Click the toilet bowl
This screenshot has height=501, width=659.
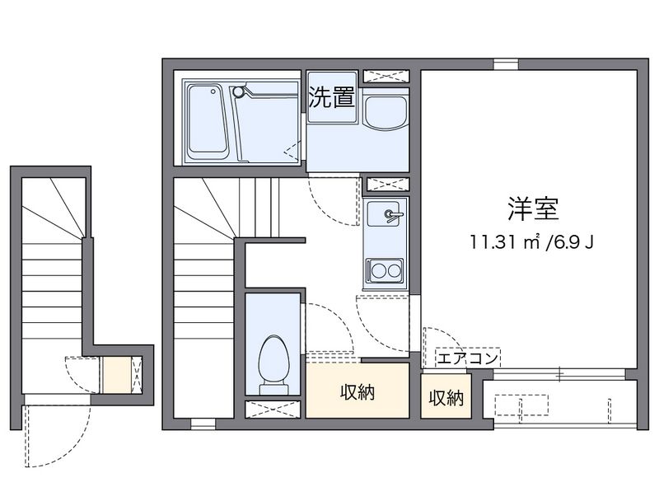tap(273, 358)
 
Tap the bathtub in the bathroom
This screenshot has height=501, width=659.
tap(208, 119)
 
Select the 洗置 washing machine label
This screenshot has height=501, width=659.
tap(332, 97)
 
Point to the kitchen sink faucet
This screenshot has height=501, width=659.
tap(393, 215)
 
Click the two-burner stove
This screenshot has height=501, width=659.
tap(385, 270)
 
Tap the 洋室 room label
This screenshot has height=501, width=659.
tap(533, 209)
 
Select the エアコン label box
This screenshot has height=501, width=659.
tap(468, 358)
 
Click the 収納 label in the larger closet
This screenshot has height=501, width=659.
tap(358, 391)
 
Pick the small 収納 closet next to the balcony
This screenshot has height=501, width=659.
tap(446, 396)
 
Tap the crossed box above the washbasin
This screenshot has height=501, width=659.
tap(386, 77)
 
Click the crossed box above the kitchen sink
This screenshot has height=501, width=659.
tap(387, 184)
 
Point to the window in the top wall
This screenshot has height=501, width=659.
tap(506, 64)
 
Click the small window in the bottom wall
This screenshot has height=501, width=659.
tap(203, 424)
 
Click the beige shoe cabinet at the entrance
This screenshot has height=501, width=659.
tap(118, 375)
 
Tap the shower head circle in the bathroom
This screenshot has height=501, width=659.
tap(238, 91)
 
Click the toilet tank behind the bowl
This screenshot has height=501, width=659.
tap(273, 389)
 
